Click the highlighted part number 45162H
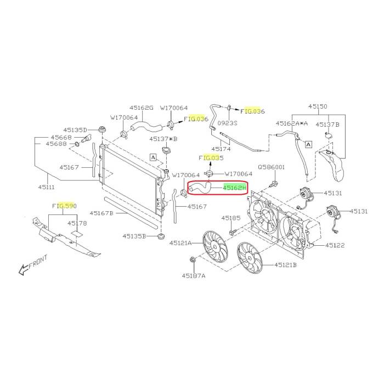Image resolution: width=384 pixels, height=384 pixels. point(234,188)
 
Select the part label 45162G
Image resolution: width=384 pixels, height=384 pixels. point(142,108)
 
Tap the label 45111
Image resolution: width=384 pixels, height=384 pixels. point(46,187)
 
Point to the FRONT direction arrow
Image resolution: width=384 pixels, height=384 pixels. point(24,270)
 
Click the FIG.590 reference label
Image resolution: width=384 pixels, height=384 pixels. point(64,206)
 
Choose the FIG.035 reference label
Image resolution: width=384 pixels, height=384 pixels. point(211,158)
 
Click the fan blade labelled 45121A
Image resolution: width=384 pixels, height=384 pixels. point(215,246)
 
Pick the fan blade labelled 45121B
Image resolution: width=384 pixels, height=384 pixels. point(250,258)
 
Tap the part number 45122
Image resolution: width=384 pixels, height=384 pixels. point(335,245)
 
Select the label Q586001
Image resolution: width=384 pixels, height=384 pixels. point(272,167)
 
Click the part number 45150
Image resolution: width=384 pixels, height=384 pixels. point(318,106)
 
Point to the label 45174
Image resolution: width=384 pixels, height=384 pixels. point(221,149)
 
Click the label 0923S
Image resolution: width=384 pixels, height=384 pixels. point(228,123)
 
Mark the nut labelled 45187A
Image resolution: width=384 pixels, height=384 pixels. point(193,259)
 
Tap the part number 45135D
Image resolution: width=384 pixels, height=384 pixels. point(75,130)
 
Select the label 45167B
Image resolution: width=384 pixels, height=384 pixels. point(101,213)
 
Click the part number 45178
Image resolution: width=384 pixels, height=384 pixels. point(77,223)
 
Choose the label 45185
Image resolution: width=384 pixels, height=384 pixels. point(231,218)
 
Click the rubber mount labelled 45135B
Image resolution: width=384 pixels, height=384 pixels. point(161,236)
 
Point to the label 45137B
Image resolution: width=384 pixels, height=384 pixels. point(327,125)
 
